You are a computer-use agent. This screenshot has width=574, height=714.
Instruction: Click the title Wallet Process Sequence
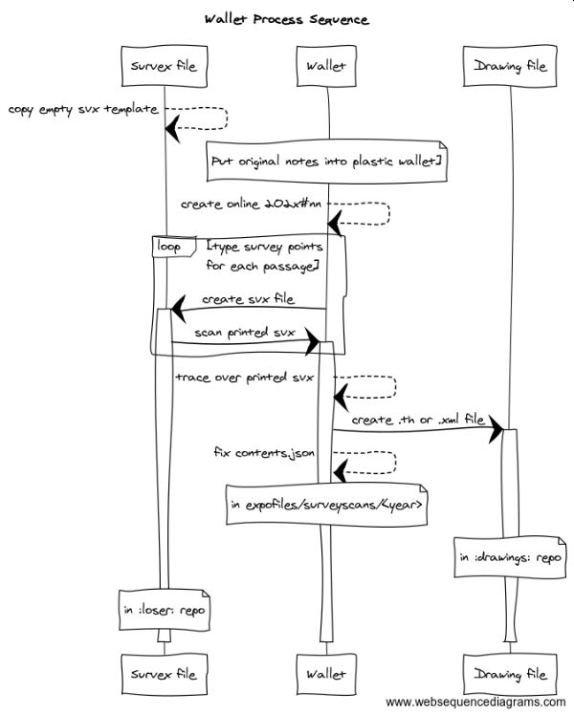click(287, 19)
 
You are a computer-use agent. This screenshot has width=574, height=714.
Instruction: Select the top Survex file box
click(164, 66)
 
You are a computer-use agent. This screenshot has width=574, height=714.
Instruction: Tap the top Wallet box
click(326, 66)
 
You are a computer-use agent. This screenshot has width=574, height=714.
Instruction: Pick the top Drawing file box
click(510, 66)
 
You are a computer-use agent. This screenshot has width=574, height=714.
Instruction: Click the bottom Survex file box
click(164, 674)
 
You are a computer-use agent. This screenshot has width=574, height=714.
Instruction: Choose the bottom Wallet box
click(326, 674)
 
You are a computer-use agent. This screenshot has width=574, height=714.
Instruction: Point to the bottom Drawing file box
click(510, 674)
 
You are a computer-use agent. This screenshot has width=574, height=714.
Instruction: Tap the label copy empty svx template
click(83, 110)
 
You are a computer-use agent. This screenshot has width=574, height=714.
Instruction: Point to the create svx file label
click(248, 298)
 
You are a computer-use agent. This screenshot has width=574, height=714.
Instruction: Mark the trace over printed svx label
click(244, 377)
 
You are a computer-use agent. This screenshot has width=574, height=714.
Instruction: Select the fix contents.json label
click(264, 451)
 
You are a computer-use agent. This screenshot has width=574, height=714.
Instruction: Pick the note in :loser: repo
click(164, 609)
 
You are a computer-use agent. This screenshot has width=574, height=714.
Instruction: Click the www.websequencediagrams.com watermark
click(475, 703)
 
